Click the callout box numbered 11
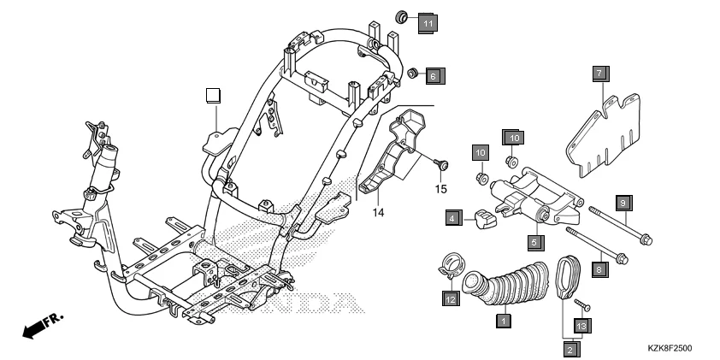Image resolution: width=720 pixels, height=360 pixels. (x=428, y=23)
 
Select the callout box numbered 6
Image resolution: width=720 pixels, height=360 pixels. (x=433, y=77)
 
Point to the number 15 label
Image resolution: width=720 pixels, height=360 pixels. (x=441, y=188)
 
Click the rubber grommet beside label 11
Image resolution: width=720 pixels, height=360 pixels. (x=403, y=17)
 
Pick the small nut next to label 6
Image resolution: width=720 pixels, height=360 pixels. (x=411, y=74)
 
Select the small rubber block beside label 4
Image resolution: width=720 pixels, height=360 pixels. (x=485, y=220)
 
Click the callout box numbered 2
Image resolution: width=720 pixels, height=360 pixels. (x=570, y=347)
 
